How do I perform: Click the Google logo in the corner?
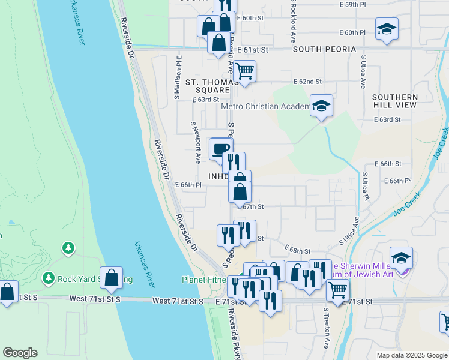(x=20, y=353)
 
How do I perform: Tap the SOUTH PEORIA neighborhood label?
(x=324, y=49)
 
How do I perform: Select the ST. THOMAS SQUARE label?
(x=208, y=86)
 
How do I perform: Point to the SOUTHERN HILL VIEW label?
(x=394, y=101)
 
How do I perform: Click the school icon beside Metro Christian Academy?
(x=321, y=106)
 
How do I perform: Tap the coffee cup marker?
(x=220, y=149)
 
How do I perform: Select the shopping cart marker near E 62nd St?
(x=244, y=71)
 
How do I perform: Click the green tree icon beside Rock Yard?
(x=68, y=248)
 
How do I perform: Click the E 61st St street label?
(x=251, y=50)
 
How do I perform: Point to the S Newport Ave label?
(x=196, y=143)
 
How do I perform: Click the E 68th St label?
(x=298, y=251)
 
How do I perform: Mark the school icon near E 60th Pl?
(x=387, y=29)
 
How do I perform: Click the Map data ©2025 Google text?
(x=411, y=355)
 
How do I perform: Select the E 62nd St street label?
(x=307, y=82)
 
